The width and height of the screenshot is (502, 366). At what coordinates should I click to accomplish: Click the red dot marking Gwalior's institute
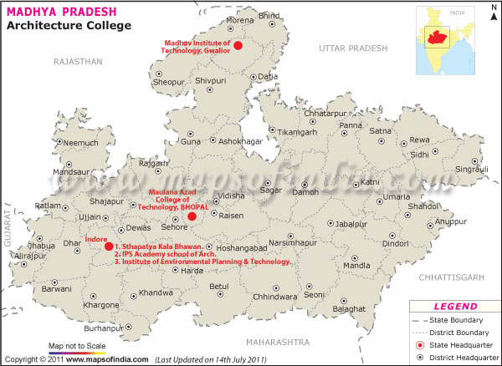[238, 46]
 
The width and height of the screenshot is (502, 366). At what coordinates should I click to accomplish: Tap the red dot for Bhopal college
[192, 216]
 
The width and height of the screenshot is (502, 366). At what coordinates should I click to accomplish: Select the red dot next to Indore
[108, 247]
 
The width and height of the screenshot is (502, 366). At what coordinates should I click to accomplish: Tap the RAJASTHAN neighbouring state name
[77, 62]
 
